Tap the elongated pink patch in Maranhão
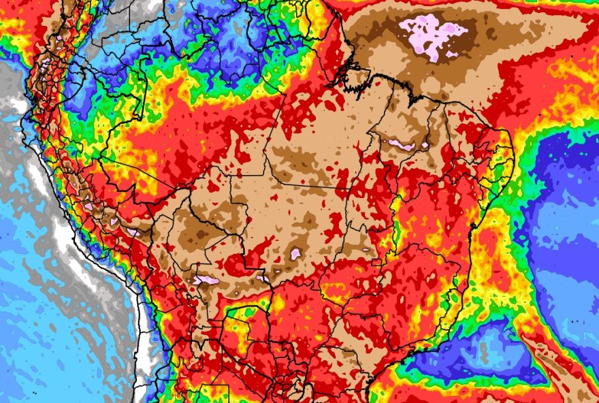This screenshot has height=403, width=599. tap(400, 144)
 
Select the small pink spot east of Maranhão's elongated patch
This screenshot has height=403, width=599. tap(425, 144)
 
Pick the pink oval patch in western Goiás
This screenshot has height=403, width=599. tap(295, 253)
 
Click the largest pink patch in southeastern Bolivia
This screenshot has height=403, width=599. tap(205, 280)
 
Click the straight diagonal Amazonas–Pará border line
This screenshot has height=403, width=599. tap(300, 95)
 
